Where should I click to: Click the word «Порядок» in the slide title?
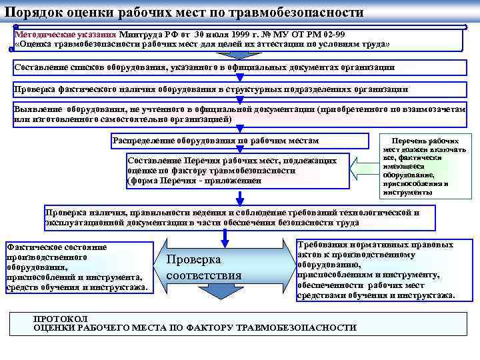pyautogui.click(x=33, y=13)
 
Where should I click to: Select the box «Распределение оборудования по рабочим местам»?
pyautogui.click(x=239, y=141)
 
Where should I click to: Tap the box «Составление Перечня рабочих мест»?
pyautogui.click(x=237, y=171)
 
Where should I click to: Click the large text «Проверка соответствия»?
pyautogui.click(x=203, y=267)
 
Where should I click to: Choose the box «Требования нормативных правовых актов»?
pyautogui.click(x=377, y=269)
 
